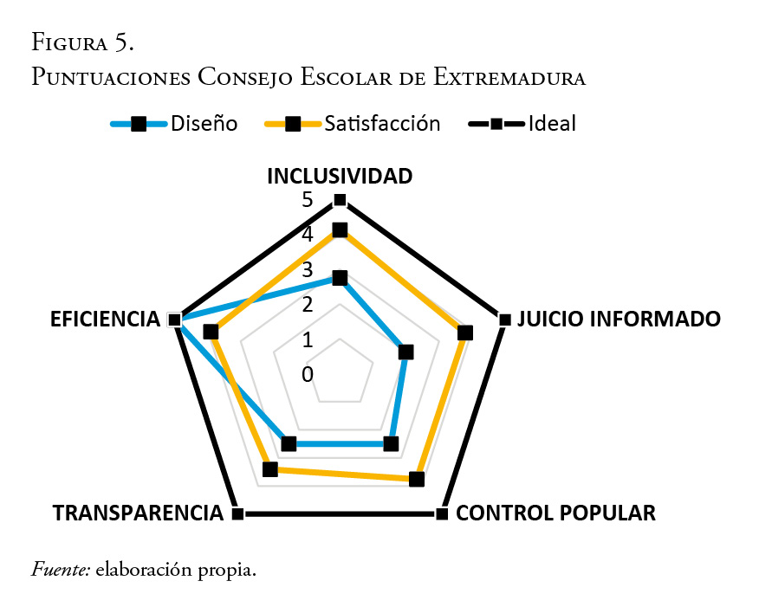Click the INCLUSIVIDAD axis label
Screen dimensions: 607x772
(x=339, y=176)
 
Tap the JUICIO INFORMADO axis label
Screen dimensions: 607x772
(x=618, y=319)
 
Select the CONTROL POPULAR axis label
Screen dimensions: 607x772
(x=555, y=513)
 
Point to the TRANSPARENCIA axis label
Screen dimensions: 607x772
(x=138, y=513)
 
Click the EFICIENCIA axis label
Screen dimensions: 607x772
(x=105, y=319)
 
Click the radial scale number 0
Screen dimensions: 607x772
(x=308, y=374)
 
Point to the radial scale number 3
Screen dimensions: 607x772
(x=308, y=269)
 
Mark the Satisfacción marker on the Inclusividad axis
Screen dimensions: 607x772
(x=340, y=230)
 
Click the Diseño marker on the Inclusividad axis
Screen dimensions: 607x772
(x=340, y=278)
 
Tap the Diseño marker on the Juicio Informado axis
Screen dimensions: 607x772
(x=405, y=352)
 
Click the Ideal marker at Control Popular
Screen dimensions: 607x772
(x=441, y=513)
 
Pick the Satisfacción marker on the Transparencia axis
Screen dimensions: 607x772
(x=269, y=469)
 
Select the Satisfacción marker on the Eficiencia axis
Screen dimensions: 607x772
(x=211, y=332)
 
